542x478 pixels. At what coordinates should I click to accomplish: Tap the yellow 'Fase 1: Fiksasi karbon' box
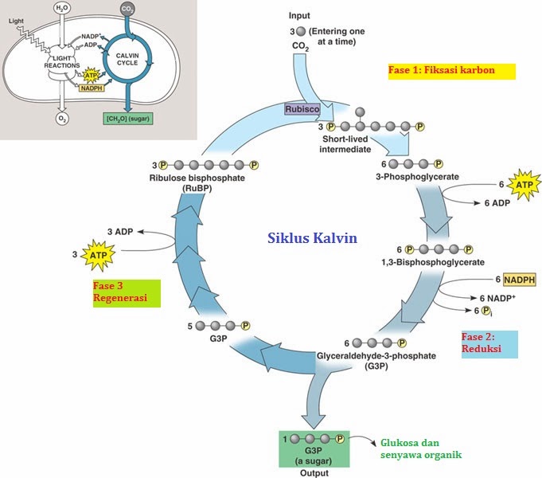click(x=451, y=71)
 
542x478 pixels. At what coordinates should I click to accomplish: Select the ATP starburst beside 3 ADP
click(x=97, y=255)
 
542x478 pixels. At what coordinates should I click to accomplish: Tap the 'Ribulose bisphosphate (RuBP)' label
click(x=196, y=182)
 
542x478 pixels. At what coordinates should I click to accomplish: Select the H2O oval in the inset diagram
click(x=60, y=10)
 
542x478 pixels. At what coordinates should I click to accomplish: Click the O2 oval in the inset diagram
click(x=61, y=119)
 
